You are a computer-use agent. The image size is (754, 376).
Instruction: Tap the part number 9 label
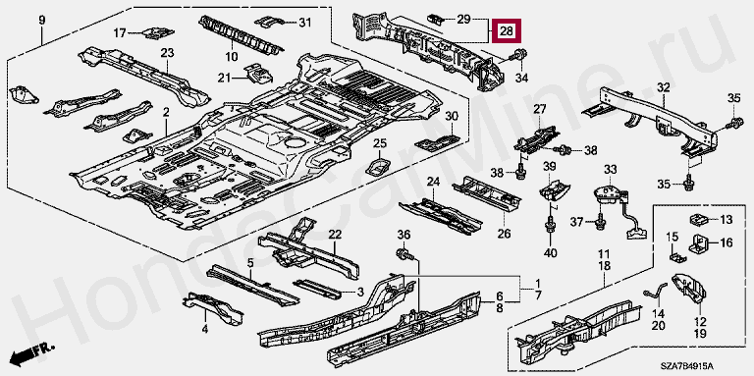point(42,21)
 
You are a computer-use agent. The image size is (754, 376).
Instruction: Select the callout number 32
point(663,87)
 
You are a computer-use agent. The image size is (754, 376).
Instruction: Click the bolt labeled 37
point(600,221)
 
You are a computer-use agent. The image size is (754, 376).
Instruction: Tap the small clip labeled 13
point(700,219)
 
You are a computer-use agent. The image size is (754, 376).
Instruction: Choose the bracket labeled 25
point(380,165)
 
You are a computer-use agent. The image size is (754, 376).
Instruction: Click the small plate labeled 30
point(437,141)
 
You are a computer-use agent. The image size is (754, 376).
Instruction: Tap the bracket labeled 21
point(259,73)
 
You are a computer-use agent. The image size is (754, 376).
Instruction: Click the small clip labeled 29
point(435,20)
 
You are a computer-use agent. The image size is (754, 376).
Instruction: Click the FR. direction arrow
point(32,353)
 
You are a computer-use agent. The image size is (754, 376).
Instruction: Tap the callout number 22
point(335,235)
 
